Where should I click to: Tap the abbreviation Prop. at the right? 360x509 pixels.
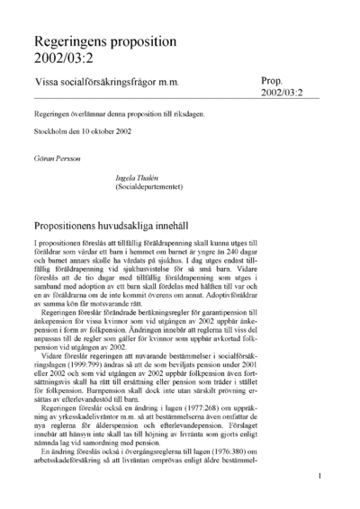click(x=276, y=80)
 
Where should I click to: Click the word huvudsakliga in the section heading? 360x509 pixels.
click(x=159, y=223)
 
